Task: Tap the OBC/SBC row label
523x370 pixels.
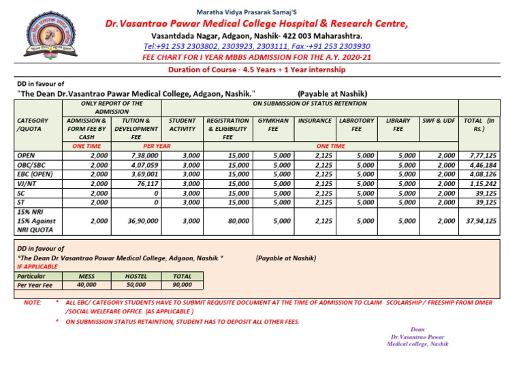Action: pos(31,165)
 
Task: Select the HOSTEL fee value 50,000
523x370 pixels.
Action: pos(136,285)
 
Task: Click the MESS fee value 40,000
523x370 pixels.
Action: pos(86,285)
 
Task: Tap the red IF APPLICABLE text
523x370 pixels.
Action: pos(36,268)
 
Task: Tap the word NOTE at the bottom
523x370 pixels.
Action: pos(32,301)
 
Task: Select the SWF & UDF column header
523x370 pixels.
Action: pos(438,121)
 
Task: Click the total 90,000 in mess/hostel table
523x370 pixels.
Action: pos(181,285)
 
